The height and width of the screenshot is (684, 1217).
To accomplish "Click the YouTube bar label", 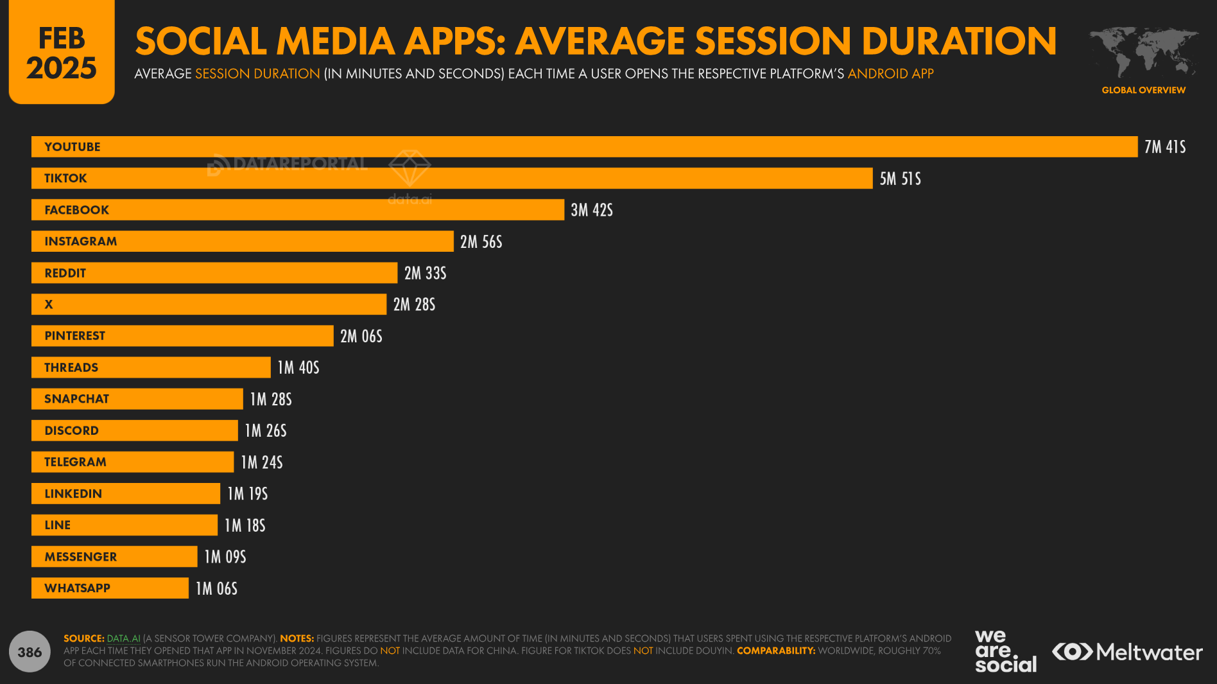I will [x=73, y=147].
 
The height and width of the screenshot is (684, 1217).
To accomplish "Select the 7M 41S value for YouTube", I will [x=1164, y=147].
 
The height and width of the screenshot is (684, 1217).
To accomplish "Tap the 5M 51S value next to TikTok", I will [x=900, y=179].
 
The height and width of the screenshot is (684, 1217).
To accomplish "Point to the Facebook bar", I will [x=298, y=210].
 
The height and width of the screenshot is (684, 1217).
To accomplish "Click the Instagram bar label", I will [x=81, y=241].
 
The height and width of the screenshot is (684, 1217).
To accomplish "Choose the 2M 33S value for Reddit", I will [x=425, y=273].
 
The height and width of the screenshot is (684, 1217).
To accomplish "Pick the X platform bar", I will [x=209, y=304].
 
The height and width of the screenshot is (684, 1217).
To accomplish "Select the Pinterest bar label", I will [x=74, y=336].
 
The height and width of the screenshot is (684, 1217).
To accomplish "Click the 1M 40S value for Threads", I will [x=298, y=367].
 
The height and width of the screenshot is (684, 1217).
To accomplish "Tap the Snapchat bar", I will [x=137, y=399].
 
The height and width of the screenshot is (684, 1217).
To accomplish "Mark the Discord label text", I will [x=71, y=430].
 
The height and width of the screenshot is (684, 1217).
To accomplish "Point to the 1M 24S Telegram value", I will [x=261, y=462].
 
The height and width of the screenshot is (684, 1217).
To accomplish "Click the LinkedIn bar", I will [x=126, y=493].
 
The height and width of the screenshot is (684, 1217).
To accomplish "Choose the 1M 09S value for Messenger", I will [x=225, y=557].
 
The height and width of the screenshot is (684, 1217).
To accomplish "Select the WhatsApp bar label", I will [x=77, y=588].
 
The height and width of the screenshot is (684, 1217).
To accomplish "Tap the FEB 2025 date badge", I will [x=62, y=53].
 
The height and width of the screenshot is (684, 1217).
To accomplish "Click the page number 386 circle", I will [x=30, y=652].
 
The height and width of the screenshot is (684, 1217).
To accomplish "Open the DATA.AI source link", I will [x=123, y=638].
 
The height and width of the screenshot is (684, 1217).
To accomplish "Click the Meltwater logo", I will [x=1126, y=652].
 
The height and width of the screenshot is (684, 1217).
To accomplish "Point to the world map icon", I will [x=1143, y=51].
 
